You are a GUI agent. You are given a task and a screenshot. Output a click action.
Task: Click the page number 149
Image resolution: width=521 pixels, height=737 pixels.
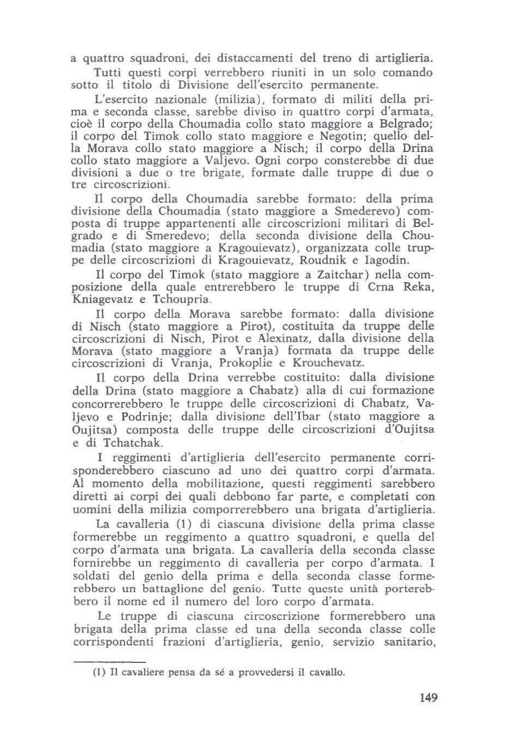pos(429,697)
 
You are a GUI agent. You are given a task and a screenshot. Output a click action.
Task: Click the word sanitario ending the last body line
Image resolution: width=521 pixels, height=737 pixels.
pos(408,642)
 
